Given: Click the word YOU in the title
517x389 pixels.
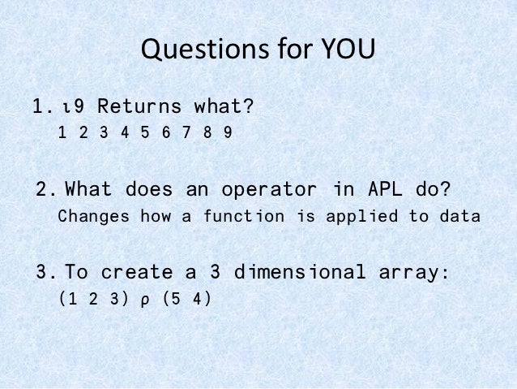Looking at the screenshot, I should pyautogui.click(x=344, y=51).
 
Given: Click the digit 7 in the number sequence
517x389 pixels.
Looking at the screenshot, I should pyautogui.click(x=186, y=132).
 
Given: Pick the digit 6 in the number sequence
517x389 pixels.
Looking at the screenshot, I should pyautogui.click(x=166, y=132).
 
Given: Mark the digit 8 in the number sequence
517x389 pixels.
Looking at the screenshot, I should pyautogui.click(x=207, y=132).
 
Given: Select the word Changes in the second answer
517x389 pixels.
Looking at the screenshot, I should pyautogui.click(x=96, y=217).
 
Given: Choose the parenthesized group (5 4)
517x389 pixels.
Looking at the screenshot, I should pyautogui.click(x=186, y=298).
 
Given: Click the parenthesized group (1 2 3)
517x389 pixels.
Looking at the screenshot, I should pyautogui.click(x=89, y=298).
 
